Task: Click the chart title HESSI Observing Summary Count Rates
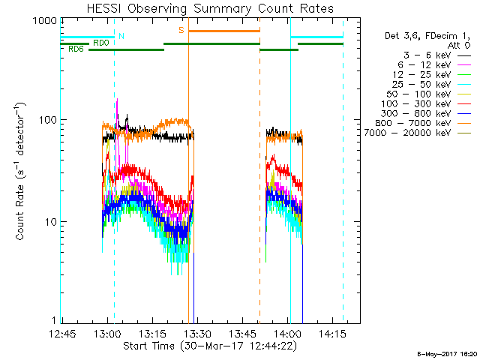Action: click(211, 9)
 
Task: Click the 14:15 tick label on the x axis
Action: click(331, 333)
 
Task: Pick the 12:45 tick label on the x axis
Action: click(61, 333)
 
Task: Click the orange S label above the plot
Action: click(181, 31)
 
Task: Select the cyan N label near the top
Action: click(121, 36)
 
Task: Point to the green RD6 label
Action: click(76, 49)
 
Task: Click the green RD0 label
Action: click(100, 43)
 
